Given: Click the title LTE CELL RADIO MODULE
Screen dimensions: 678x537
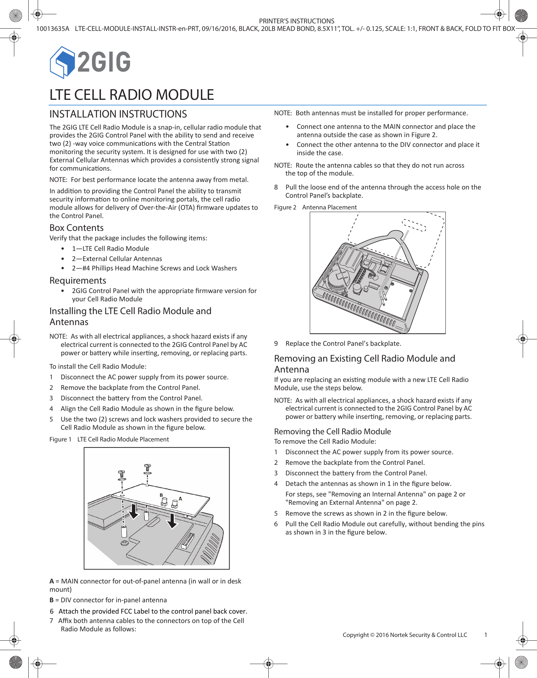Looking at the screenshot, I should pos(132,95).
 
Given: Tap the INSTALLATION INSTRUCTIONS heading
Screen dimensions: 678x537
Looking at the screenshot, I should pos(118,114).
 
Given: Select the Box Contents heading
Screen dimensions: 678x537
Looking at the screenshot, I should pos(76,228).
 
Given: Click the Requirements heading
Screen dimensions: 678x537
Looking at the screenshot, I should pos(78,281).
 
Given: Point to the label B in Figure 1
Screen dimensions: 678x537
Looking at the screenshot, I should pos(161,495).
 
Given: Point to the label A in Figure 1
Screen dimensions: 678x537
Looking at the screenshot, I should pos(181,499).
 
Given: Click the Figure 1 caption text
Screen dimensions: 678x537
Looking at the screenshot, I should pos(109,439).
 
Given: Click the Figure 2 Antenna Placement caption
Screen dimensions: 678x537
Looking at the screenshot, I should pos(315,207).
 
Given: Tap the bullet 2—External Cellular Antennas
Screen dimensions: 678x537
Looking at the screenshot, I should pos(117,259).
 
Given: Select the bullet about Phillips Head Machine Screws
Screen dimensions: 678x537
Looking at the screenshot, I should pos(154,268).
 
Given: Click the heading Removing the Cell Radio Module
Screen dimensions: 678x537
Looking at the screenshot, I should pos(332,432).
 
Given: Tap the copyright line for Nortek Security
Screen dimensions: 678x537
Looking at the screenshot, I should pos(405,635).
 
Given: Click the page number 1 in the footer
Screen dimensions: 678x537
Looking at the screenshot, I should pos(486,635).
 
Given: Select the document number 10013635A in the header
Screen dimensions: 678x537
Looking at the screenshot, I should pos(53,29).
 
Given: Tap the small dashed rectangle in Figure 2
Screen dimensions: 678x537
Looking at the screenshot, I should pos(414,225).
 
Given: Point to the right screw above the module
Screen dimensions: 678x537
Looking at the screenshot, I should pos(147,468).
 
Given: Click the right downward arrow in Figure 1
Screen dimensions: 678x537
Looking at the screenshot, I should pos(172,521).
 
